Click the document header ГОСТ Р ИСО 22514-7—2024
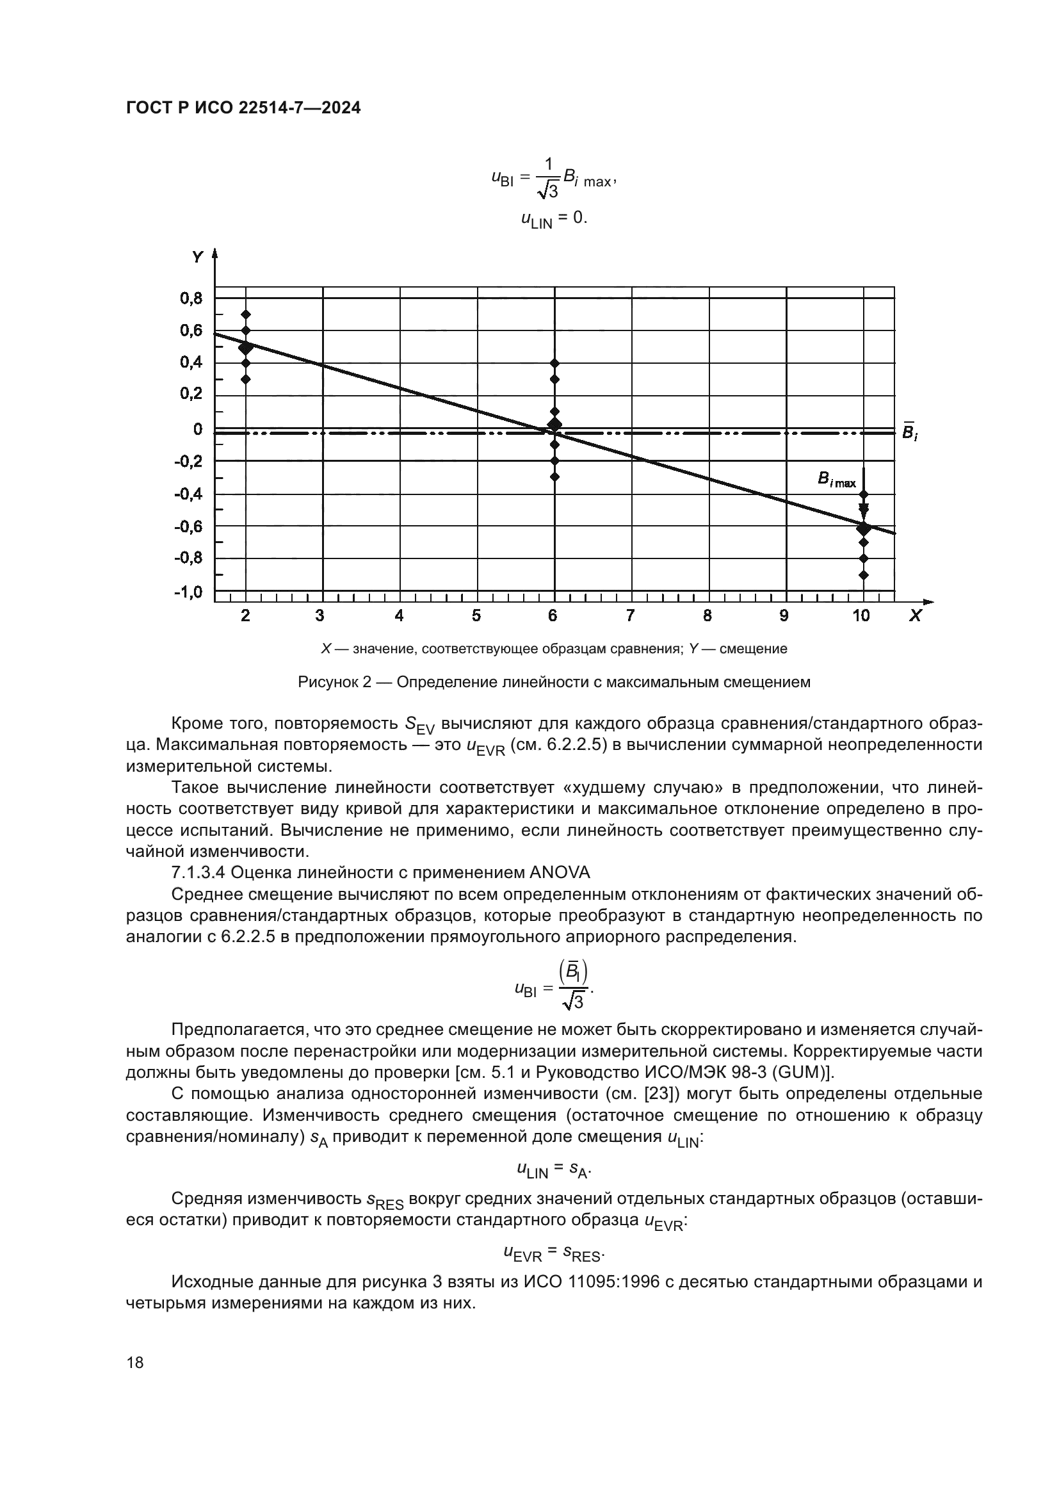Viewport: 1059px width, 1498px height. (x=243, y=108)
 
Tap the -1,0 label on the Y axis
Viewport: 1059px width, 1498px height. (x=188, y=592)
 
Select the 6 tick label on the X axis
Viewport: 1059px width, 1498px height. (x=553, y=615)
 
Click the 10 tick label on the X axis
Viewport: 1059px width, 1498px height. (x=861, y=615)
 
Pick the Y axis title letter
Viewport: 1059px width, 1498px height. (x=197, y=257)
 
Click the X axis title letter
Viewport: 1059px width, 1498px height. (x=915, y=615)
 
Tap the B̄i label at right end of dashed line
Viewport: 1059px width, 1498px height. (x=910, y=432)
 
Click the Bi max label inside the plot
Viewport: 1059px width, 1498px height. (x=837, y=481)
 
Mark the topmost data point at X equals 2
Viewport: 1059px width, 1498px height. (x=246, y=314)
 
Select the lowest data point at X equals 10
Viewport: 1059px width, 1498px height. (x=863, y=574)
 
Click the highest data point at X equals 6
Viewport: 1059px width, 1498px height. (x=554, y=362)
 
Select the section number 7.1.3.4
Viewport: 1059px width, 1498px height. (x=198, y=872)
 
